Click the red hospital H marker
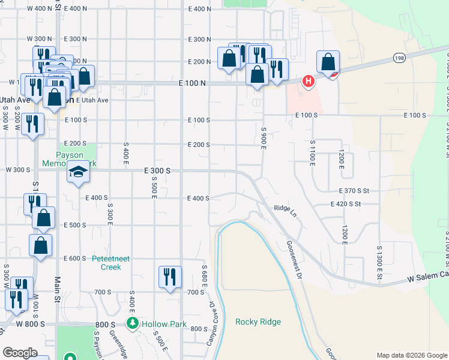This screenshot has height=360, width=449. tap(309, 80)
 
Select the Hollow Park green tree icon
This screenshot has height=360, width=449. tap(133, 323)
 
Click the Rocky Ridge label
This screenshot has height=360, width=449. tap(258, 322)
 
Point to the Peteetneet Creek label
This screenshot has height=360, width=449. tap(107, 263)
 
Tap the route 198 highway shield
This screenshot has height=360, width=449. tap(399, 57)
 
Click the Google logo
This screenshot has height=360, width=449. tap(20, 353)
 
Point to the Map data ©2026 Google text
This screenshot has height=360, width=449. tap(411, 355)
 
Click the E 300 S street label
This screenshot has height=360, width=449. tap(158, 171)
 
